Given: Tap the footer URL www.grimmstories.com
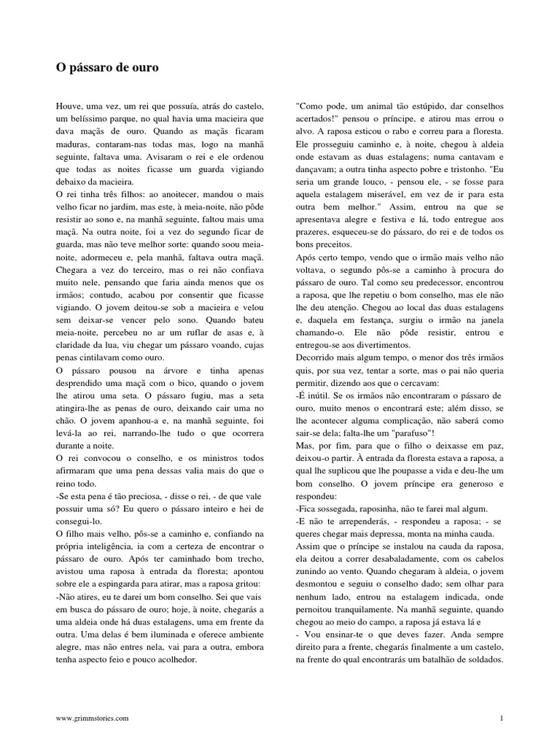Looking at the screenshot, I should click(x=93, y=719).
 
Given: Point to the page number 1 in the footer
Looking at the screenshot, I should click(x=502, y=719).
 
